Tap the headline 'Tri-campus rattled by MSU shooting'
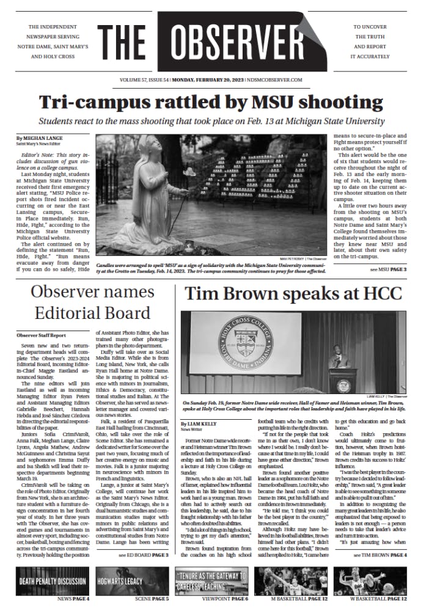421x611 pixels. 210,102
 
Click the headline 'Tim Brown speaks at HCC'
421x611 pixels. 293,294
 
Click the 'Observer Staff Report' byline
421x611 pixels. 41,335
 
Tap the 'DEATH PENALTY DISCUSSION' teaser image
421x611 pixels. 53,581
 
